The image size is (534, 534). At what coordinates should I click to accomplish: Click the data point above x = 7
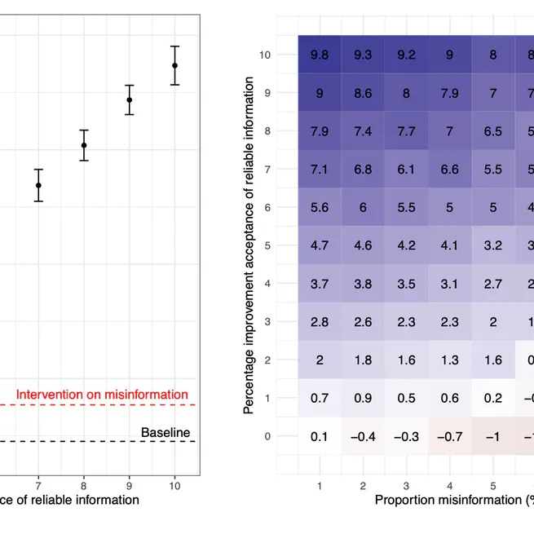[x=38, y=185]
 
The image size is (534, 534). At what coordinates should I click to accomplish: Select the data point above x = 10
[x=174, y=65]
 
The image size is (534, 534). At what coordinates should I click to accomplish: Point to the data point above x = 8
[x=84, y=145]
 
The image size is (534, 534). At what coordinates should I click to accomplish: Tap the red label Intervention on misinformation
[x=102, y=395]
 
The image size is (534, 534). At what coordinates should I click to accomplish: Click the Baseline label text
[x=165, y=432]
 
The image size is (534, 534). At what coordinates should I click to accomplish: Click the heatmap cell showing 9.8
[x=320, y=55]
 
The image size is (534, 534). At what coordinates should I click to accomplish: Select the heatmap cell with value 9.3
[x=363, y=55]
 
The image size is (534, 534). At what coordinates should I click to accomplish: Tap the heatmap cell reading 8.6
[x=363, y=93]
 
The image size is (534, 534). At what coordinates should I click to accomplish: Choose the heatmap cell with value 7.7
[x=406, y=131]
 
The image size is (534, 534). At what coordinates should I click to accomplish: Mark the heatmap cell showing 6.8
[x=363, y=169]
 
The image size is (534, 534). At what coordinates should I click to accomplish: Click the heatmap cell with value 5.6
[x=320, y=207]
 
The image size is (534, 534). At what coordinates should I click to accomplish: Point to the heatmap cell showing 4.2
[x=406, y=245]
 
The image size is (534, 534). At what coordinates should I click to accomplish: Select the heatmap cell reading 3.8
[x=363, y=283]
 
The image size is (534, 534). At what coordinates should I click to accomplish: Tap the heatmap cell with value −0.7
[x=449, y=436]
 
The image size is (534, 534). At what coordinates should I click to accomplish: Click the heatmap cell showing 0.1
[x=320, y=436]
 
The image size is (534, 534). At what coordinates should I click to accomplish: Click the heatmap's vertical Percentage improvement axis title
[x=249, y=245]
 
